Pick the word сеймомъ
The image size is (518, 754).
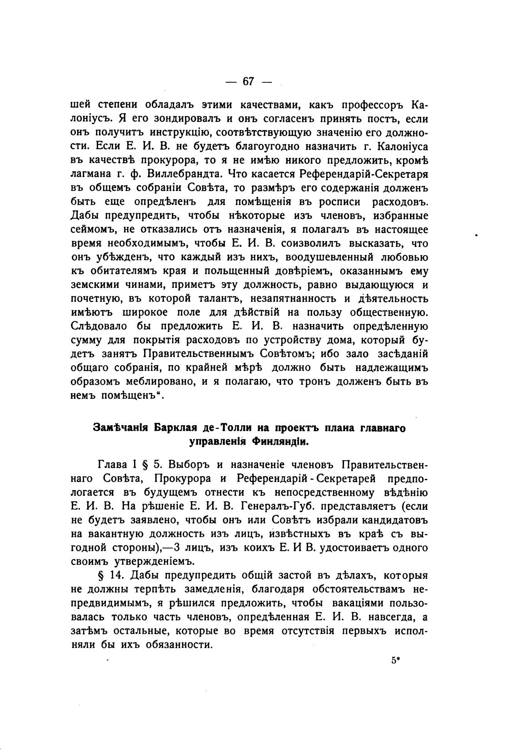click(x=92, y=230)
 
